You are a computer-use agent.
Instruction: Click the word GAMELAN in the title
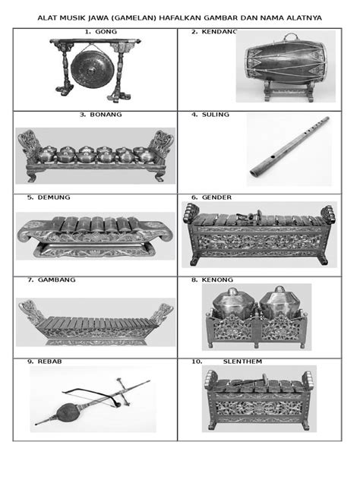[134, 18]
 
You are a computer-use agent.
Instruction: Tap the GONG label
[106, 32]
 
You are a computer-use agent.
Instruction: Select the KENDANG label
[219, 32]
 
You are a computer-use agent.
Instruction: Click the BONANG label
[106, 115]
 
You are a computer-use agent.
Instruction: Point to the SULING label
[216, 115]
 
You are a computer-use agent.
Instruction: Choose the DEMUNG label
[54, 197]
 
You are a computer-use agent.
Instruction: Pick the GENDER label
[216, 197]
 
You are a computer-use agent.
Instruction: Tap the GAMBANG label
[57, 279]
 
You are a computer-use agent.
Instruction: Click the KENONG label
[217, 279]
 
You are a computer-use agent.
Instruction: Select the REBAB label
[49, 362]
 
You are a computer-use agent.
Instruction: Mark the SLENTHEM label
[242, 362]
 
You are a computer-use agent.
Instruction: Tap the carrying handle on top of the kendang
[290, 37]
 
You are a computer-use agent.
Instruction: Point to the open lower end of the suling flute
[254, 173]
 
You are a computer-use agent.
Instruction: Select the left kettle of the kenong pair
[234, 303]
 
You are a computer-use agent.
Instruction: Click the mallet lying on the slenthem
[248, 381]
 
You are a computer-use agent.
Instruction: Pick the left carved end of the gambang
[31, 312]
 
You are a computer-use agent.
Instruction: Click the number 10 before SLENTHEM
[197, 362]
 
